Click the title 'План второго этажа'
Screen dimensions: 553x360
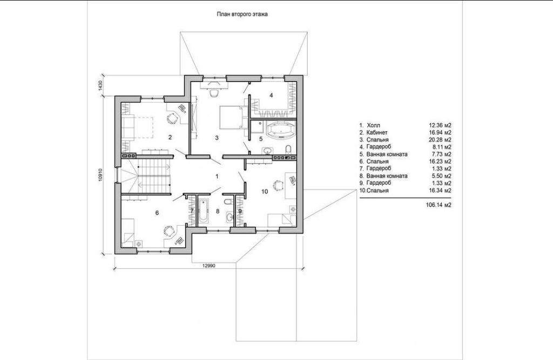pyautogui.click(x=242, y=15)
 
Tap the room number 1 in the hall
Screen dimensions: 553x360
pyautogui.click(x=217, y=176)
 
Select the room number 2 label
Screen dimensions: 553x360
pyautogui.click(x=170, y=137)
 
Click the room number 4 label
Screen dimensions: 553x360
pyautogui.click(x=271, y=95)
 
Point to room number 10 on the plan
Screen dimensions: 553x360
pyautogui.click(x=265, y=192)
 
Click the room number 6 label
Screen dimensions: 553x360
pyautogui.click(x=157, y=213)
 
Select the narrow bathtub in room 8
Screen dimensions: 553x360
pyautogui.click(x=203, y=211)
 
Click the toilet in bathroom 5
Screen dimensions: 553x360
pyautogui.click(x=288, y=149)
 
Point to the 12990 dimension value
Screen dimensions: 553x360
pyautogui.click(x=208, y=266)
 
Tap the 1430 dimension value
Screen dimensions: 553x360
pyautogui.click(x=100, y=86)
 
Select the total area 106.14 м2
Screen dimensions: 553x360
pyautogui.click(x=439, y=205)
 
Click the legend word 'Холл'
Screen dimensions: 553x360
pyautogui.click(x=374, y=125)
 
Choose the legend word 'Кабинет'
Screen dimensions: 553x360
pyautogui.click(x=377, y=133)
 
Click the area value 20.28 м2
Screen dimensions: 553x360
pyautogui.click(x=440, y=140)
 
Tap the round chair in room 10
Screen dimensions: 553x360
pyautogui.click(x=278, y=185)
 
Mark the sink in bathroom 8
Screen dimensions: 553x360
pyautogui.click(x=230, y=217)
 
